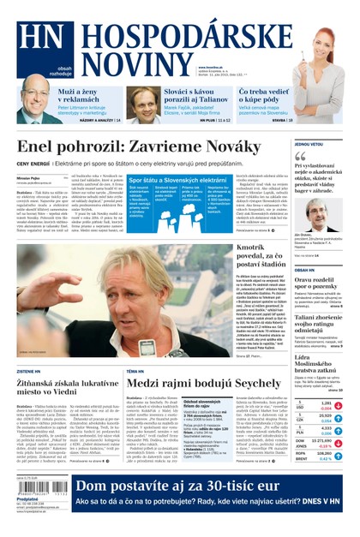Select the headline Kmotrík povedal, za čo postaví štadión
(x=262, y=256)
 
